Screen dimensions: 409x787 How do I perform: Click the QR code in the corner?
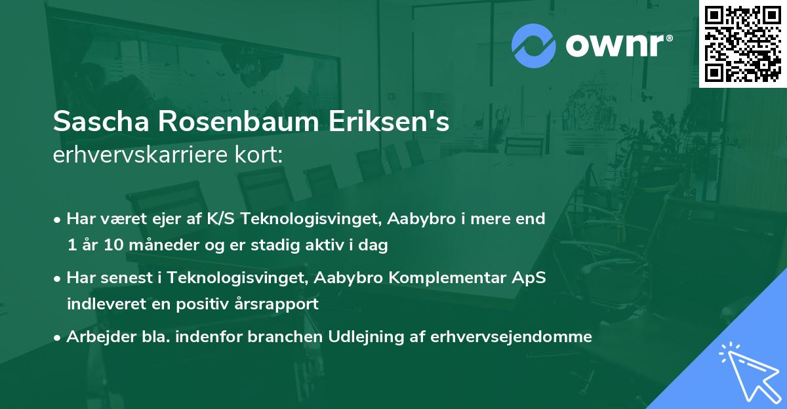click(x=742, y=43)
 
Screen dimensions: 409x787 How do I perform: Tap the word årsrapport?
click(x=278, y=304)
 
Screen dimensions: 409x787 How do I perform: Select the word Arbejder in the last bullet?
click(x=96, y=337)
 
